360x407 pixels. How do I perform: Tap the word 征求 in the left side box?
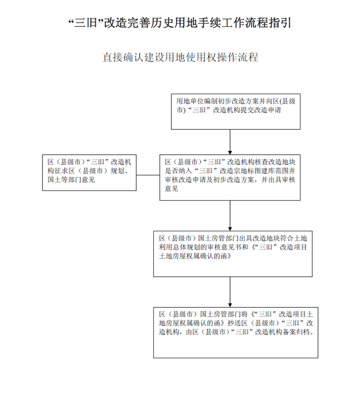61,171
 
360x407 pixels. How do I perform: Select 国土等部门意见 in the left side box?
71,180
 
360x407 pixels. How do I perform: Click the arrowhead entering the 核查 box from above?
230,153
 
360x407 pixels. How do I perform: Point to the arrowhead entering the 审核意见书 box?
230,229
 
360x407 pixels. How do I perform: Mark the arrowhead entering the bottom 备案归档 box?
230,305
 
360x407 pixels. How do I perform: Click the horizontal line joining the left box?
148,175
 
